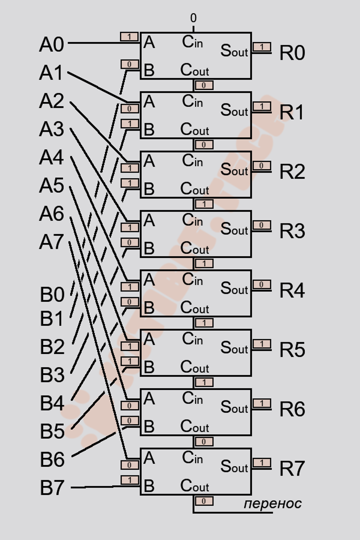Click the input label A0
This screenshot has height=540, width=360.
coord(52,44)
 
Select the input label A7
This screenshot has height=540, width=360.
coord(52,242)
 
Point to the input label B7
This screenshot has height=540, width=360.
coord(52,487)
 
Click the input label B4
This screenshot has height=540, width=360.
coord(52,403)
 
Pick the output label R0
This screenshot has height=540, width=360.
coord(292,53)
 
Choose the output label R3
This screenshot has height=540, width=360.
coord(292,231)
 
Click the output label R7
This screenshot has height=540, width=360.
coord(292,468)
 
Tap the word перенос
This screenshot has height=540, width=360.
coord(272,503)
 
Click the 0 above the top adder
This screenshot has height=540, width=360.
coord(194,18)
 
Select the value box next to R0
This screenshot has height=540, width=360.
coord(262,47)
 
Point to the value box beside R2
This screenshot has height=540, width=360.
coord(262,166)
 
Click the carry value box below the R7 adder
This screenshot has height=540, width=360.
coord(204,501)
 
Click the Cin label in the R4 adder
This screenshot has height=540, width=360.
coord(192,280)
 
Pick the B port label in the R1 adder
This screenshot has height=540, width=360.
coord(149,129)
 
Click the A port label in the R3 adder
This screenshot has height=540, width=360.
coord(149,221)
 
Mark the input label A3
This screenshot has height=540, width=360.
coord(52,129)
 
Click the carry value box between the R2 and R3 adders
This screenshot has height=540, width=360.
coord(204,204)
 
